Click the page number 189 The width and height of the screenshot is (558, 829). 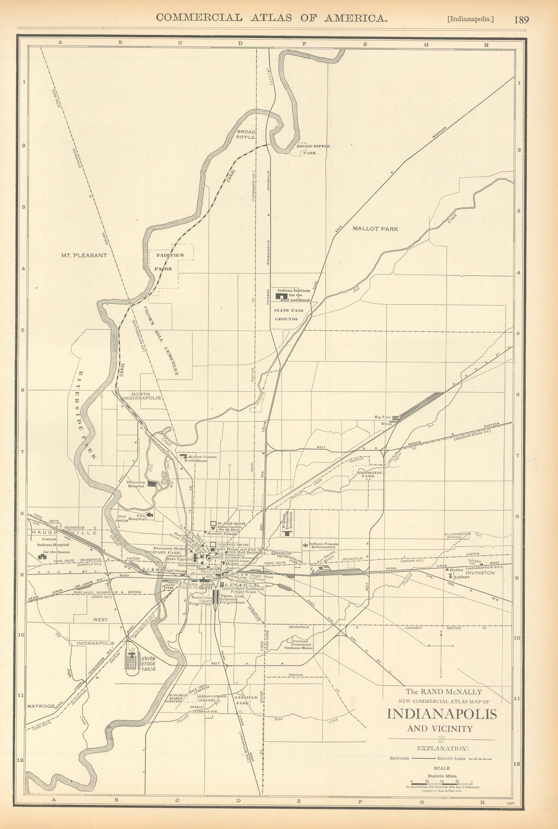pyautogui.click(x=521, y=20)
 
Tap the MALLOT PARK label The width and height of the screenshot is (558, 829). pyautogui.click(x=375, y=229)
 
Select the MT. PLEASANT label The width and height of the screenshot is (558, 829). pyautogui.click(x=84, y=255)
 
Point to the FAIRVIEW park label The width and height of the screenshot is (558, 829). pyautogui.click(x=171, y=255)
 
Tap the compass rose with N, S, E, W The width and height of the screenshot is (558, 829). pyautogui.click(x=441, y=646)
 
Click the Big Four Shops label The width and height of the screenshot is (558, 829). pyautogui.click(x=383, y=420)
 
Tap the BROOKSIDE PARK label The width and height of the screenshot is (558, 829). pyautogui.click(x=370, y=475)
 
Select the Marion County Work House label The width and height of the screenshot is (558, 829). pyautogui.click(x=202, y=459)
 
